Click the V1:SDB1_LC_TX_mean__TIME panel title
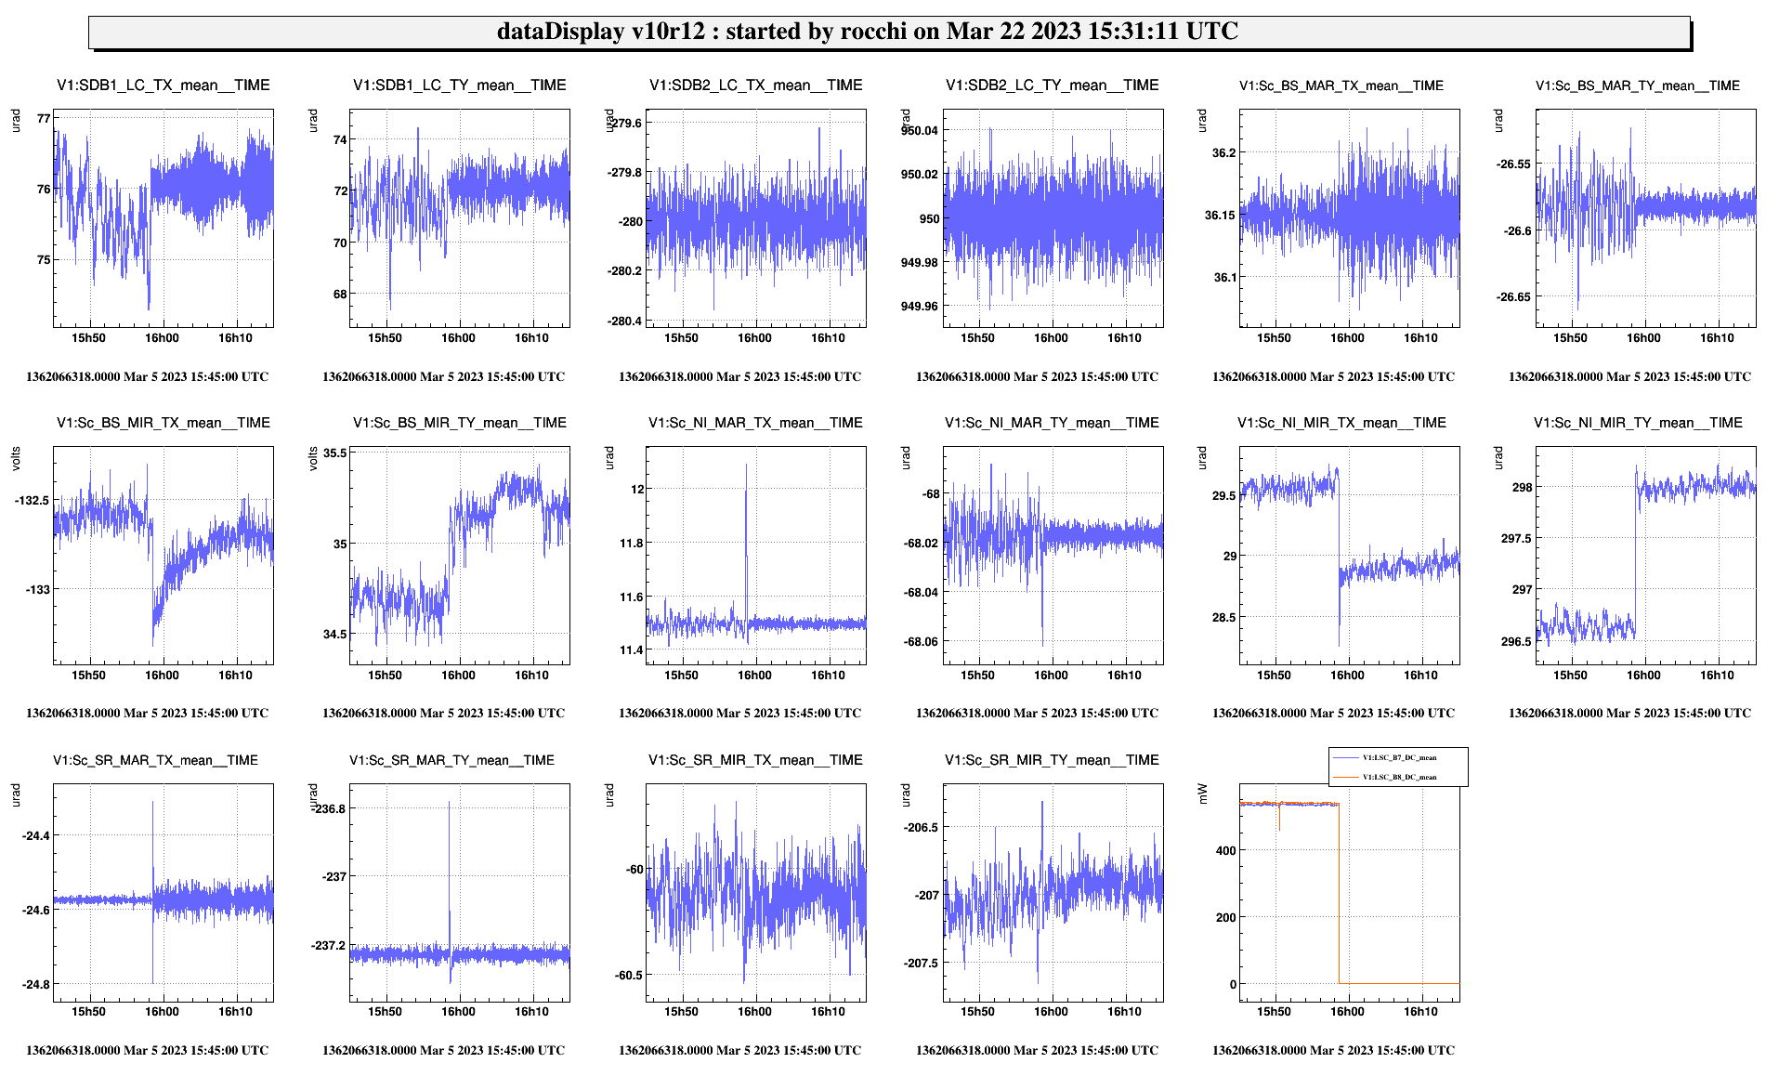163,85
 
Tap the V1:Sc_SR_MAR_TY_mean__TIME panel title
451,760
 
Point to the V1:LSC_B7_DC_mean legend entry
1399,757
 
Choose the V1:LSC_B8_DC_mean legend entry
1399,777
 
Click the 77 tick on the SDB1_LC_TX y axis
44,119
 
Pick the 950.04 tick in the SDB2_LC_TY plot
919,131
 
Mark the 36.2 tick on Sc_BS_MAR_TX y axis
1223,153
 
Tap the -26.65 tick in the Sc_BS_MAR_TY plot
1513,297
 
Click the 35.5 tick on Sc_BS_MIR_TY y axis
335,453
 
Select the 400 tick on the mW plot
1225,851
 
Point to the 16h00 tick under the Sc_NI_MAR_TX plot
754,676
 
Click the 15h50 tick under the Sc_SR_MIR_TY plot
977,1012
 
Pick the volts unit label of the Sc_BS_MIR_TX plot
16,459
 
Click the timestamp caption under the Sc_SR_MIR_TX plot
739,1051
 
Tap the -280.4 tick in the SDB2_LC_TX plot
623,321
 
